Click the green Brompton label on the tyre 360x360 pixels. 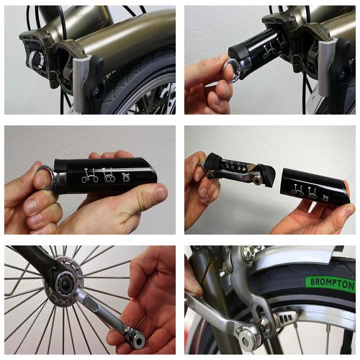pos(330,284)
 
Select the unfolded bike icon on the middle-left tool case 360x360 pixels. pos(90,176)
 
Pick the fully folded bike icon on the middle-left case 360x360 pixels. pos(126,177)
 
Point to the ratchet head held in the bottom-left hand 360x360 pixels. pos(136,338)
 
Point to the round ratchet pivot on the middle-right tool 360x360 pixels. pos(258,179)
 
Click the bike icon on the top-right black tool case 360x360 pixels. pos(269,52)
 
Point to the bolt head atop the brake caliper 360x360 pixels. pos(249,253)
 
